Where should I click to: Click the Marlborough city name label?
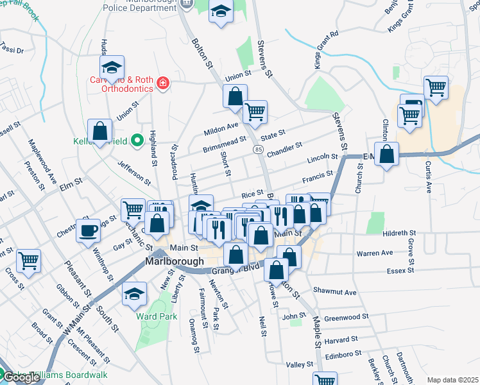tap(175, 262)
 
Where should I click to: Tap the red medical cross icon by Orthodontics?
tap(163, 83)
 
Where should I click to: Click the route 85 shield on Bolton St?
tap(258, 150)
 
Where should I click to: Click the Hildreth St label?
tap(399, 233)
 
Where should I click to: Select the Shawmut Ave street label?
tap(334, 292)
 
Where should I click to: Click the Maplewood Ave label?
tap(39, 161)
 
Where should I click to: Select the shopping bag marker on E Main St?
tap(387, 154)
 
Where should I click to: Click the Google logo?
tap(21, 377)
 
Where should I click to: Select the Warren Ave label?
tap(375, 253)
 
